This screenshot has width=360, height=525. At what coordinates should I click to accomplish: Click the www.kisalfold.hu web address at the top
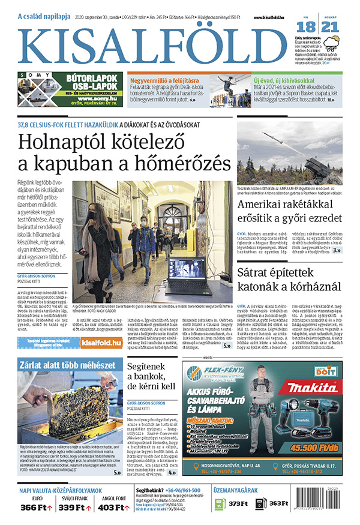266,19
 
